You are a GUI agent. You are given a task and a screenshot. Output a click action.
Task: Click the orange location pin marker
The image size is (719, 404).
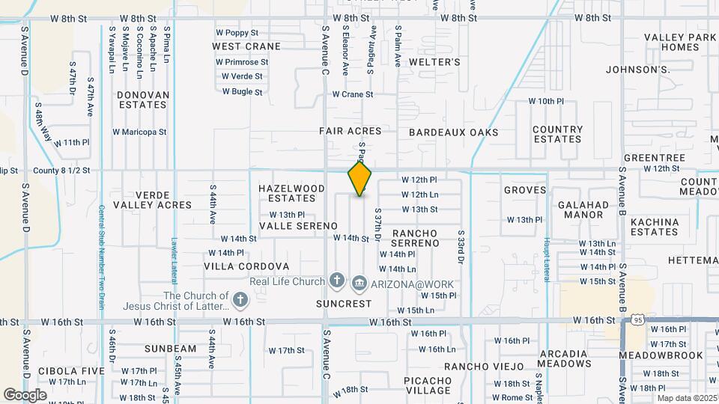pos(359,178)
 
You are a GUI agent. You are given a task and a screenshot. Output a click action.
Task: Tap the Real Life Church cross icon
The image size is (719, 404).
pos(337,282)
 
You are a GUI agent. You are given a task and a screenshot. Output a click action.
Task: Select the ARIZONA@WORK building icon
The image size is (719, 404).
pos(359,283)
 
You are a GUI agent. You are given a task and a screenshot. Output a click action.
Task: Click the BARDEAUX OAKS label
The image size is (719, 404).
pos(453,132)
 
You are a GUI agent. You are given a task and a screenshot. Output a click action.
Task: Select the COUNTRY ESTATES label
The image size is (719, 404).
pos(557,134)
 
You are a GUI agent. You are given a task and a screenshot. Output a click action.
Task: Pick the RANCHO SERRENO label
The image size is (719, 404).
pos(415,238)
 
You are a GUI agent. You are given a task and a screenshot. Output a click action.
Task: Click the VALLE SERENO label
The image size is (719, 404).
pos(293,225)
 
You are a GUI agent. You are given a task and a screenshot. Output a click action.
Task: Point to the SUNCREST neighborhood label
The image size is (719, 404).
pos(343,304)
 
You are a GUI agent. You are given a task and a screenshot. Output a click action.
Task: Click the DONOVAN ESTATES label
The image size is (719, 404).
pos(142,100)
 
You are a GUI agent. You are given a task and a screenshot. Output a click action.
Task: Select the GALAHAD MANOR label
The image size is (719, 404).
pos(583,209)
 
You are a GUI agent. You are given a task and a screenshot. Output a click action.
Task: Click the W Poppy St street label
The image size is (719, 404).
pos(237,33)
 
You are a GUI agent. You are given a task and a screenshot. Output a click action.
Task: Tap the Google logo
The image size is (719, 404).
pos(25,394)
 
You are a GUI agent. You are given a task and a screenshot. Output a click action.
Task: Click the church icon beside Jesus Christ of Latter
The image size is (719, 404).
pos(240,301)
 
